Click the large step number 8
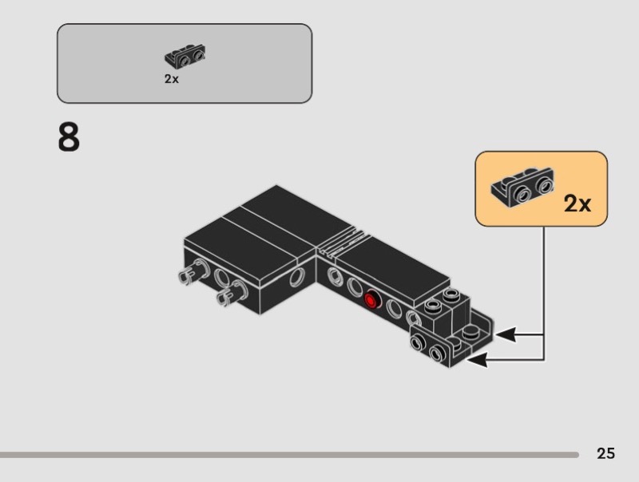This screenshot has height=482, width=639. [x=69, y=137]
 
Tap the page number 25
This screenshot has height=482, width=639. [x=605, y=453]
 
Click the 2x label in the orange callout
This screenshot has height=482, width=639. [x=577, y=203]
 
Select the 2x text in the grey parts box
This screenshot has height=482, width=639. [x=172, y=79]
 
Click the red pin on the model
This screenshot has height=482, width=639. [x=371, y=300]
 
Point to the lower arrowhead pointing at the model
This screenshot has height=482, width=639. [x=476, y=361]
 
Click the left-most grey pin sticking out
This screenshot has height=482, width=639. [x=188, y=275]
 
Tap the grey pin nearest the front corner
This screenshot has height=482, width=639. [x=225, y=297]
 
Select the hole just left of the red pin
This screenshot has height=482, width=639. [x=354, y=286]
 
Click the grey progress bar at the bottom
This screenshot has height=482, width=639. [x=288, y=454]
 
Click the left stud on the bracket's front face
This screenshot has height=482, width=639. [x=419, y=342]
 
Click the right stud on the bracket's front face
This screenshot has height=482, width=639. [x=438, y=352]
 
